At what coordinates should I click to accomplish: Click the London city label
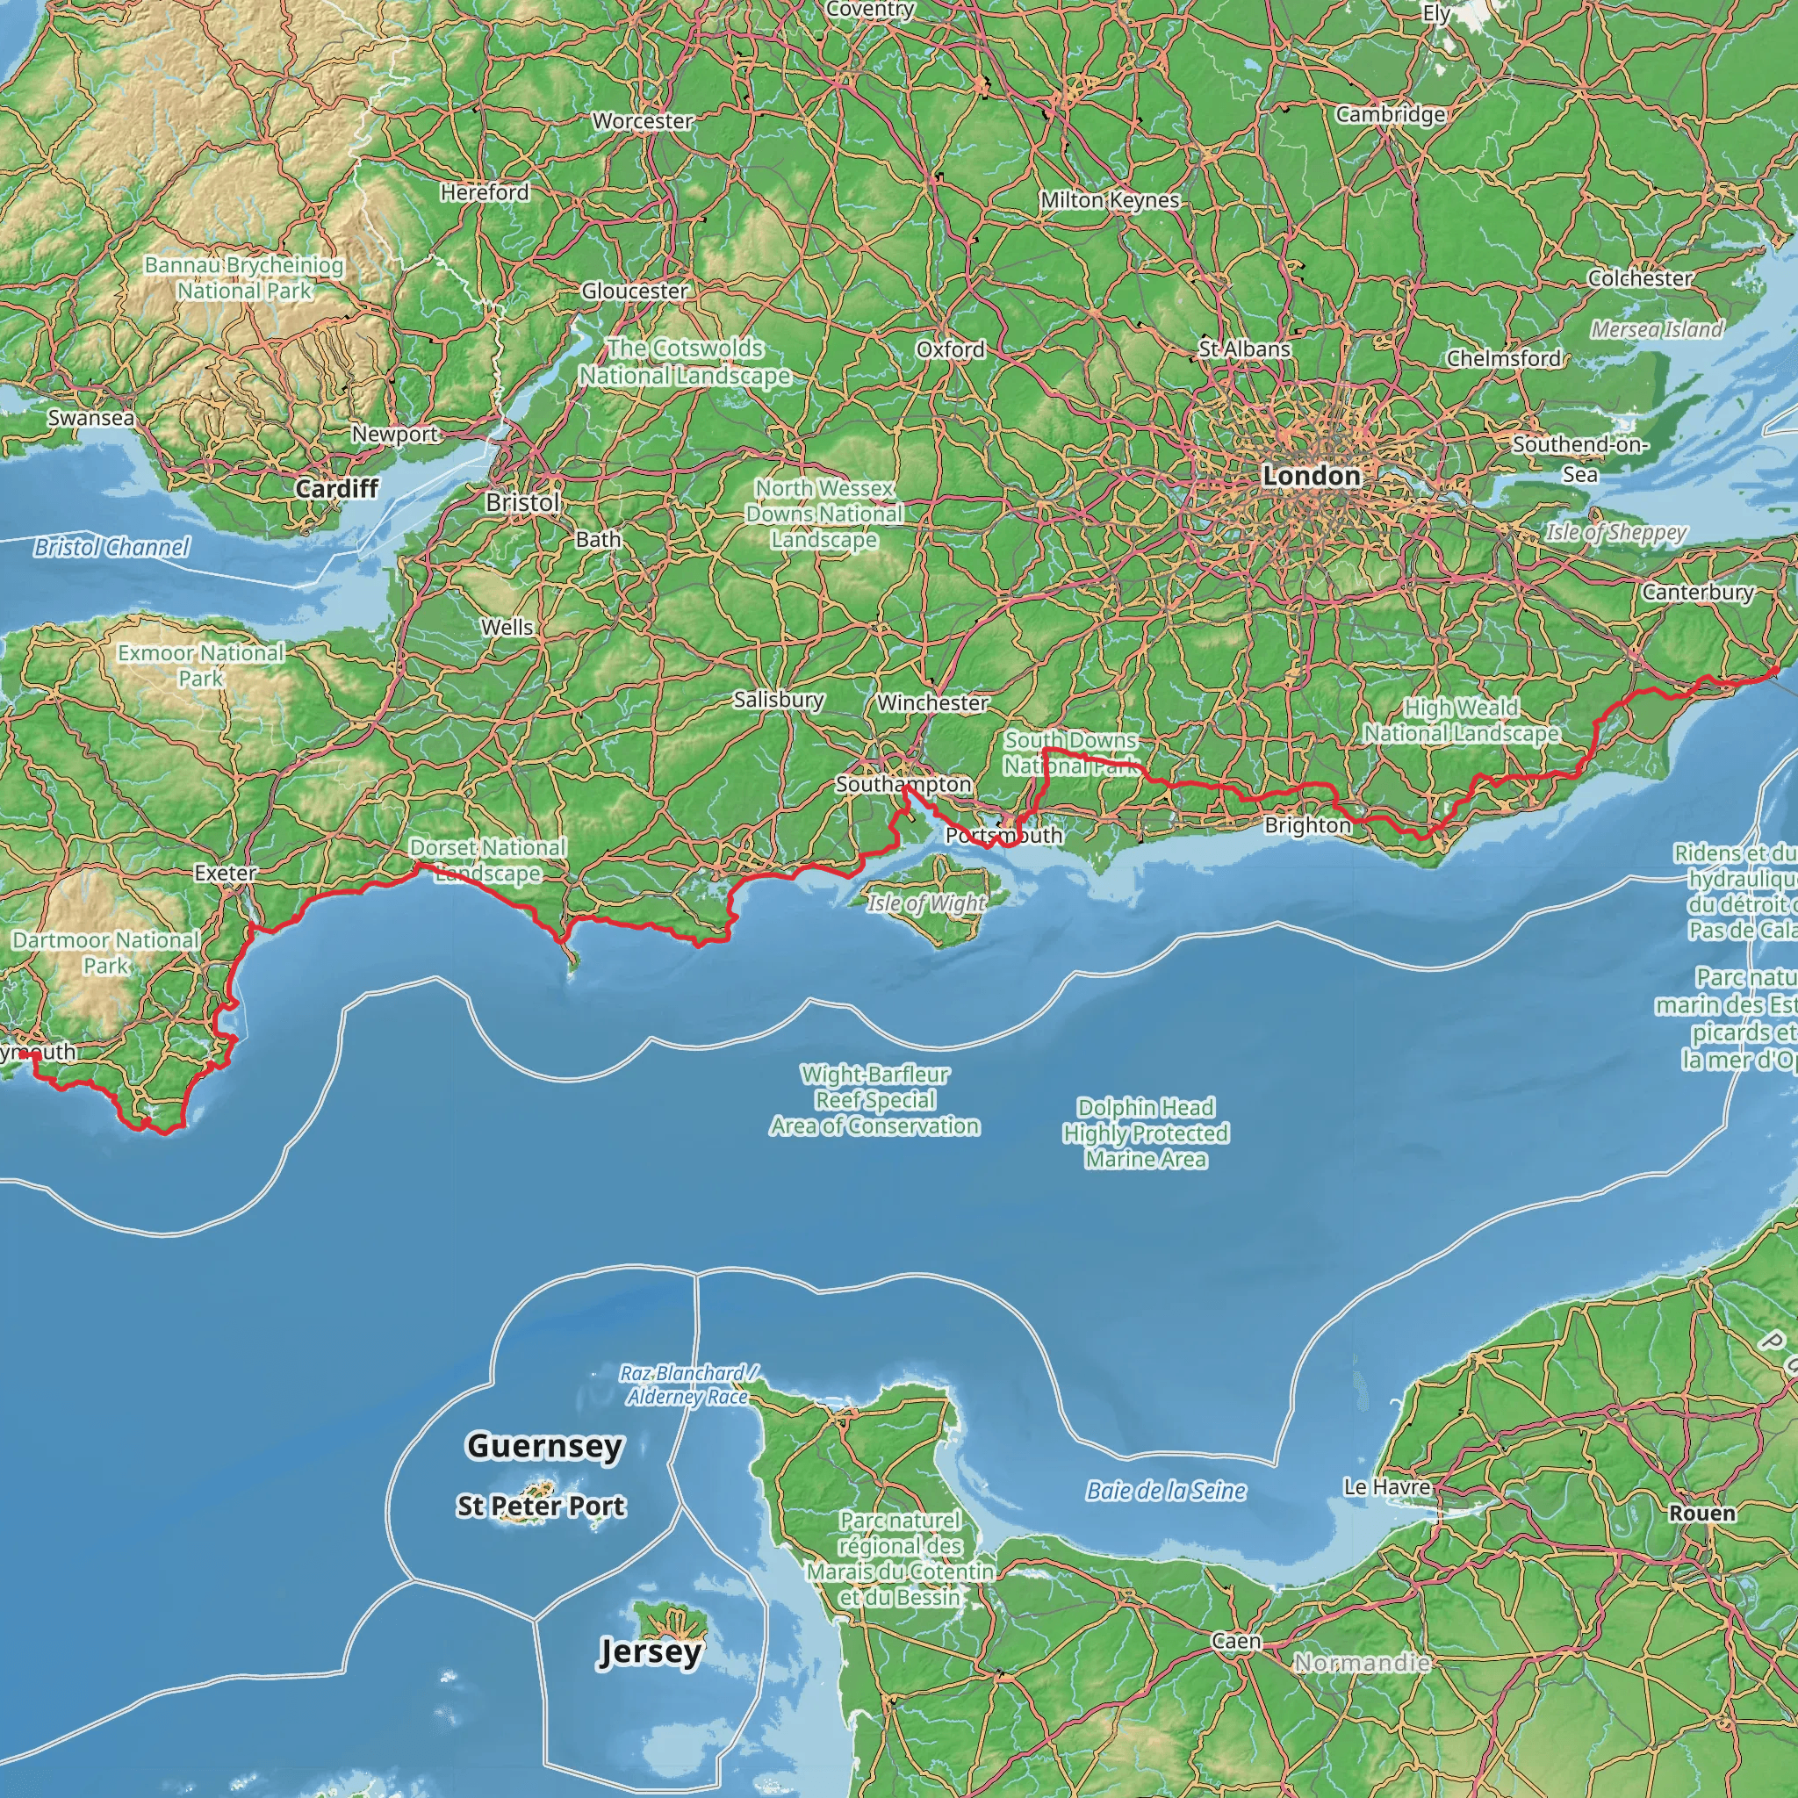click(1311, 476)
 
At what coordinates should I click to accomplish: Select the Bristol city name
click(522, 502)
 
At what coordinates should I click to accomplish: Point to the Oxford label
click(950, 349)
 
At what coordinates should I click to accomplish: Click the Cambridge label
click(1391, 114)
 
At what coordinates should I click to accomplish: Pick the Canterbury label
click(1698, 592)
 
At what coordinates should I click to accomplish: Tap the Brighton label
click(1306, 825)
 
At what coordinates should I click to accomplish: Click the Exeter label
click(226, 873)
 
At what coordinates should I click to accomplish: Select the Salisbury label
click(778, 699)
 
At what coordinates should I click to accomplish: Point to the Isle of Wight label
click(926, 903)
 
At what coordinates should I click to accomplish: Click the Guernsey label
click(544, 1445)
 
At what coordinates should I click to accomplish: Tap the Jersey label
click(650, 1652)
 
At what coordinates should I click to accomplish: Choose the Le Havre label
click(1386, 1487)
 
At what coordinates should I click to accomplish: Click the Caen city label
click(1236, 1642)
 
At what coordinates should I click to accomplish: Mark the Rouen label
click(1702, 1514)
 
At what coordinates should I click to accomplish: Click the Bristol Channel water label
click(111, 547)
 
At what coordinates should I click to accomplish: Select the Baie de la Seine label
click(1166, 1491)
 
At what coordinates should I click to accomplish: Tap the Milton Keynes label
click(1110, 200)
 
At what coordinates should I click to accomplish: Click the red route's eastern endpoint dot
click(1774, 670)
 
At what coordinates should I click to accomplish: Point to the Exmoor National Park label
click(200, 665)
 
